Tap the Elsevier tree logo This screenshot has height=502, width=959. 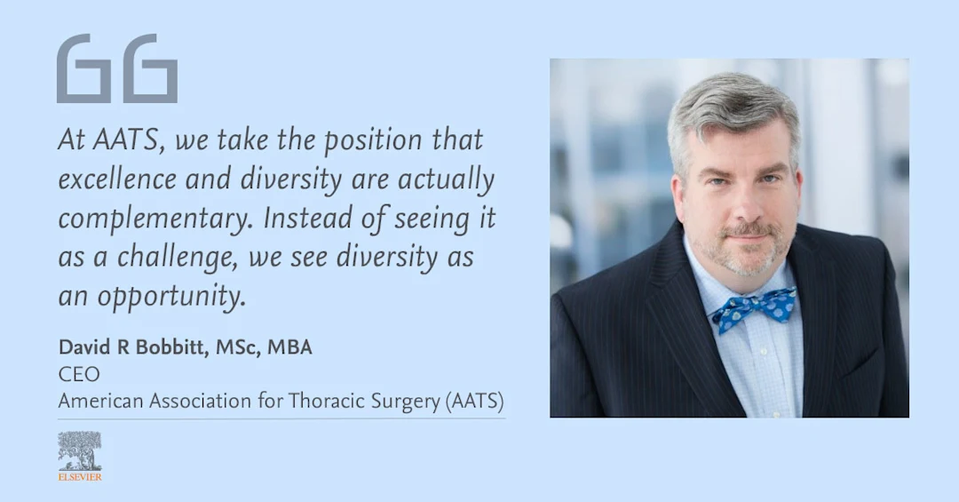[79, 450]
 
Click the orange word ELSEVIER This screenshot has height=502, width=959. [80, 476]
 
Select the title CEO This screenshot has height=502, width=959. [78, 374]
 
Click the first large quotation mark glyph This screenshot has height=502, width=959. [83, 68]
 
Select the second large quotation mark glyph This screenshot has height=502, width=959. [150, 68]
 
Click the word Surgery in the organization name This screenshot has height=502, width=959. [402, 401]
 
